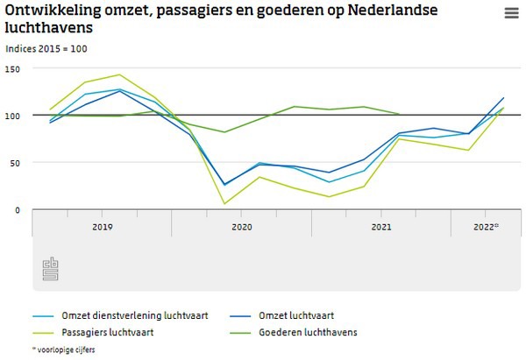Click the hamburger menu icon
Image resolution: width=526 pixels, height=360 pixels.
click(511, 12)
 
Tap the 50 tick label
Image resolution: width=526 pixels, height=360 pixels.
click(13, 163)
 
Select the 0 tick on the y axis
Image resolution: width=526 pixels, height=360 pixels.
click(17, 210)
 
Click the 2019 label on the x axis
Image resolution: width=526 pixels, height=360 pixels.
click(102, 226)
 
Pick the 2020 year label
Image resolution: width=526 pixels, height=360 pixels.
click(242, 226)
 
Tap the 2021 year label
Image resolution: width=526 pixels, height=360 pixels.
click(381, 226)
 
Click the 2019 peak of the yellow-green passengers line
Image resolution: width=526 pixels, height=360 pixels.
click(119, 74)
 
